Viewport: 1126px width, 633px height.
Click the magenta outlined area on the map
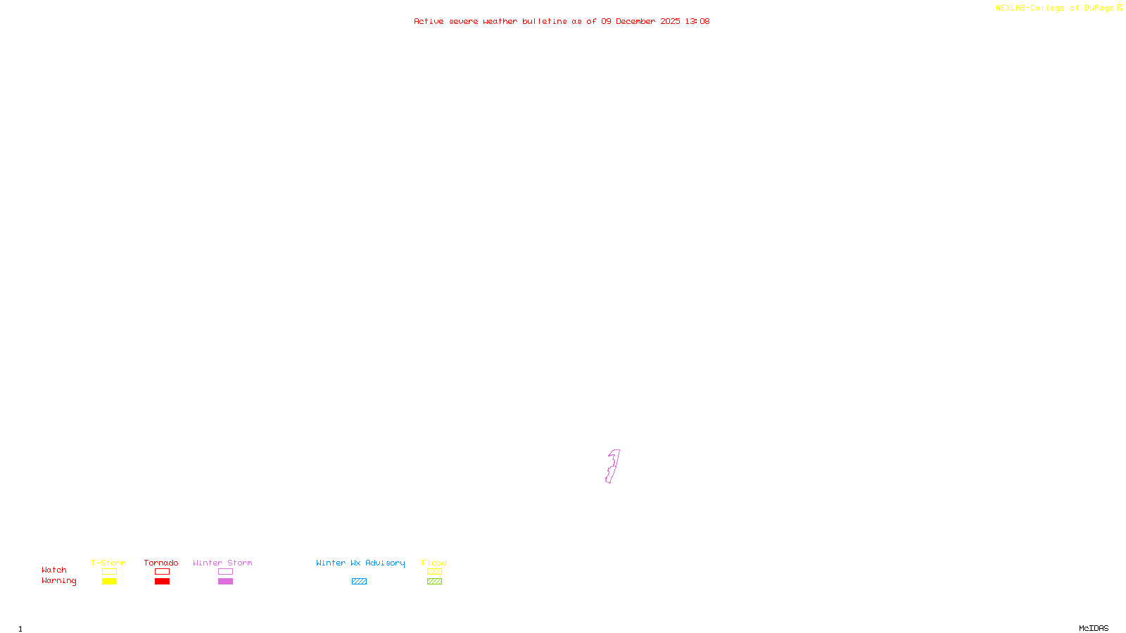(x=612, y=467)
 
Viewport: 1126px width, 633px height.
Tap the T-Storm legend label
(x=108, y=563)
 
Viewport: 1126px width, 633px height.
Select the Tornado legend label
(x=161, y=563)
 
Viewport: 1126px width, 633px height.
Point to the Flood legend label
(x=434, y=563)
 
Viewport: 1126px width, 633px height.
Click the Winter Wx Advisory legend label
(x=360, y=563)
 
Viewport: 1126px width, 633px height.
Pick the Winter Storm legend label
(x=222, y=563)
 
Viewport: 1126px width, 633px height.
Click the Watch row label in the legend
(x=54, y=570)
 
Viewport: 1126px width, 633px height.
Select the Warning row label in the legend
(x=59, y=581)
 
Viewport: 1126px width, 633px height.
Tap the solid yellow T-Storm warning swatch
(x=109, y=582)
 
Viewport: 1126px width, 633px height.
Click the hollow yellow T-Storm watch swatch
(x=109, y=572)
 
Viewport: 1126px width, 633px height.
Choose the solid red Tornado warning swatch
(x=163, y=582)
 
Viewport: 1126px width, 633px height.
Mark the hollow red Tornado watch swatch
(x=163, y=572)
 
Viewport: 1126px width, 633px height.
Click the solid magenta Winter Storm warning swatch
(x=225, y=582)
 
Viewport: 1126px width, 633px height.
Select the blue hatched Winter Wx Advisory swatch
(x=359, y=582)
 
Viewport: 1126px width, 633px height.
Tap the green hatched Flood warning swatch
(x=434, y=582)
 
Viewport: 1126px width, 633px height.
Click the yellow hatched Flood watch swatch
(x=434, y=572)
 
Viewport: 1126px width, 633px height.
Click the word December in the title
(x=635, y=21)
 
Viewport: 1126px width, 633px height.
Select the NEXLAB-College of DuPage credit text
(x=1055, y=8)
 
